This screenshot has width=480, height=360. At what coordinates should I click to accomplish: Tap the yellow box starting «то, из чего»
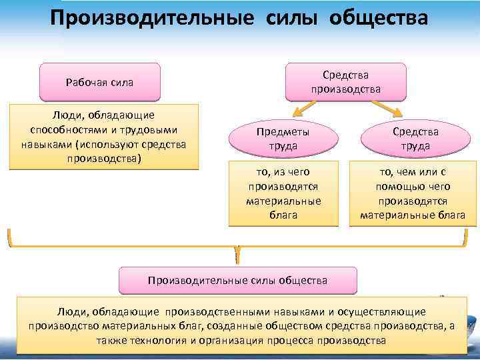click(283, 193)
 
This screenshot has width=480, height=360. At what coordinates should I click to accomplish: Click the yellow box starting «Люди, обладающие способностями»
click(104, 137)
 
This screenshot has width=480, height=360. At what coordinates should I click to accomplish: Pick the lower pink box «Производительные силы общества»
click(237, 281)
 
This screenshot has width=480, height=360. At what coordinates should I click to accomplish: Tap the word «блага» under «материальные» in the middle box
click(283, 215)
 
